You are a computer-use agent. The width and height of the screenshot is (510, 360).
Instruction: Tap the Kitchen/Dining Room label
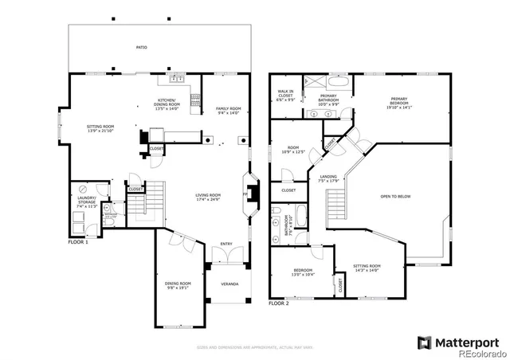pos(167,104)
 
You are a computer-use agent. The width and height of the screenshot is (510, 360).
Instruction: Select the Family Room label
pos(227,111)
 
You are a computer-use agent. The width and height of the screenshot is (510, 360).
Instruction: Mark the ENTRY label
pos(227,245)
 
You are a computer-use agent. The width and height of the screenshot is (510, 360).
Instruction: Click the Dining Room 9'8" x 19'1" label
pos(178,284)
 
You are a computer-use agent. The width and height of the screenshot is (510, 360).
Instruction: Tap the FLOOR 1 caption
pos(78,241)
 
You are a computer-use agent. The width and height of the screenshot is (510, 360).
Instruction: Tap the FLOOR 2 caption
pos(278,303)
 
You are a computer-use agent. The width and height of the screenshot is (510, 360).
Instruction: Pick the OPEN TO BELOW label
pos(395,195)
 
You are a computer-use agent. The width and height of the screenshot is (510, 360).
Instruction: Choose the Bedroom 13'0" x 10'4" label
pos(302,272)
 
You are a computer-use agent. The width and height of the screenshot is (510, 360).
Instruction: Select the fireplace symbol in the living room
pos(247,193)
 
